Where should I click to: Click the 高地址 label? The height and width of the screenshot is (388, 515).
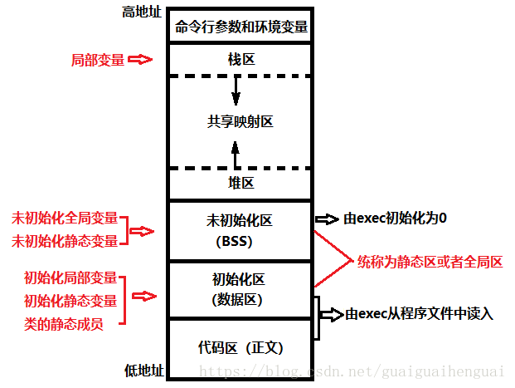click(x=142, y=12)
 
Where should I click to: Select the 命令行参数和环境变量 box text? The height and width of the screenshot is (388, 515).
click(x=241, y=27)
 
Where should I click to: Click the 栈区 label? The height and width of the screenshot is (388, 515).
click(x=241, y=60)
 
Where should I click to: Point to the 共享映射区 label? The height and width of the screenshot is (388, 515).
click(x=240, y=121)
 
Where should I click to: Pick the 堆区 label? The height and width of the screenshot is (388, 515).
click(x=241, y=183)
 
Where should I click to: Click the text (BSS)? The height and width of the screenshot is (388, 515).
click(x=240, y=242)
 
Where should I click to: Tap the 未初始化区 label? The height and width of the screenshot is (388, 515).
click(x=240, y=221)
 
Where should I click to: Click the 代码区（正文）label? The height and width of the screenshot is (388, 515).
click(x=241, y=346)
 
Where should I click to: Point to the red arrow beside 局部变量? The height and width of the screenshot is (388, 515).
click(x=141, y=60)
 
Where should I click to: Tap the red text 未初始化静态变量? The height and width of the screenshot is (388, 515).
click(x=63, y=241)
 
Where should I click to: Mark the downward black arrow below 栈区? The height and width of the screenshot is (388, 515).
click(x=236, y=90)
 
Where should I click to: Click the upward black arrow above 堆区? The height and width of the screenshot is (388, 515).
click(x=236, y=153)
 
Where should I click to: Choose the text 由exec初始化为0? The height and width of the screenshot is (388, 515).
click(x=395, y=219)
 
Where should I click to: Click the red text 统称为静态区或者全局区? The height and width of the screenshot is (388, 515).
click(x=430, y=262)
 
